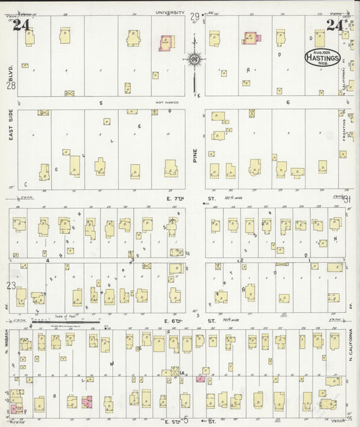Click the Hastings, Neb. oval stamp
(317, 55)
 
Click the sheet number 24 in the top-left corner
(21, 25)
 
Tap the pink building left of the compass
(164, 43)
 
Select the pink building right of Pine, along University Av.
(249, 39)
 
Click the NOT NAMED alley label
(165, 103)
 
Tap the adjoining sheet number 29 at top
(195, 16)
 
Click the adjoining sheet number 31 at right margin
(348, 199)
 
